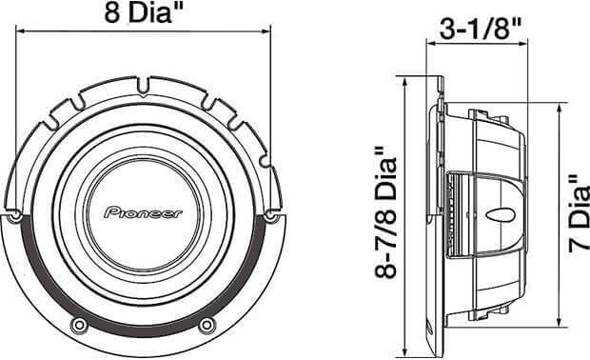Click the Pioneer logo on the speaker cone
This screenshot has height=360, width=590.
click(143, 213)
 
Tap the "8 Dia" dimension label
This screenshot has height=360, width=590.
click(143, 12)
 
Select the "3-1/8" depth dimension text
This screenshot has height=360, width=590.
click(481, 29)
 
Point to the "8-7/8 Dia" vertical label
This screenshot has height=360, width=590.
click(386, 213)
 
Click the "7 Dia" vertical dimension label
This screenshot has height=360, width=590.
click(580, 214)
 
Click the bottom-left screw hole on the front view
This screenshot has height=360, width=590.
click(79, 325)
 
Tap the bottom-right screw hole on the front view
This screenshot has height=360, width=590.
click(206, 325)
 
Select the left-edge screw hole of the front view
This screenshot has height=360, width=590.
click(15, 216)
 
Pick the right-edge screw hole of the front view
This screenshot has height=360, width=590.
click(270, 216)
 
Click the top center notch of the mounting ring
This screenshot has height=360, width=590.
click(143, 86)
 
